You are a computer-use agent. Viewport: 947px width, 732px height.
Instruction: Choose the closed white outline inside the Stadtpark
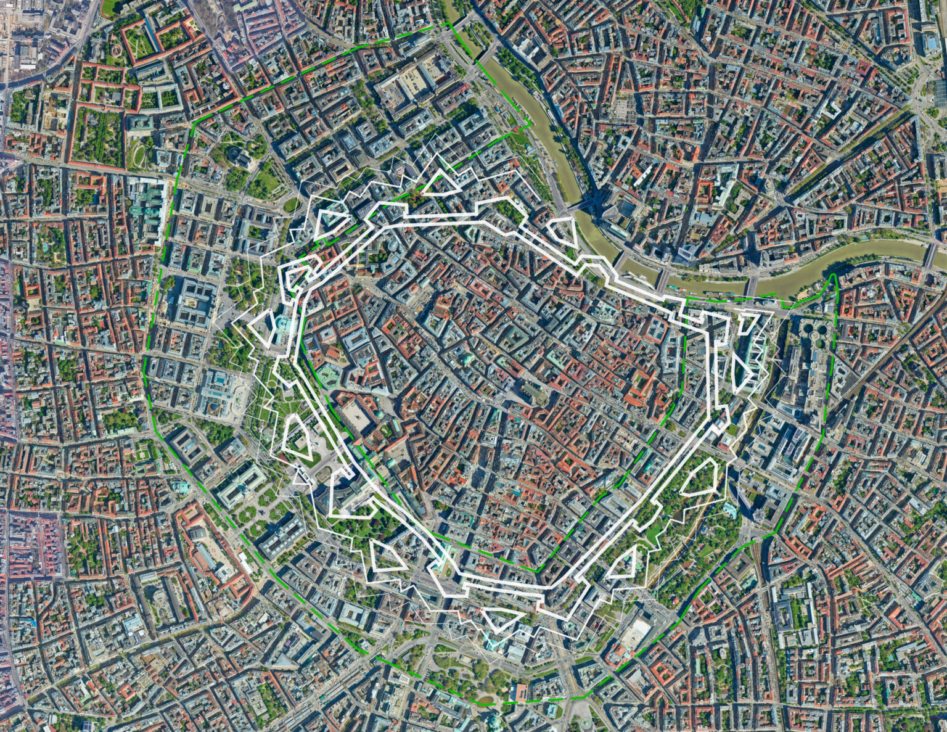click(700, 478)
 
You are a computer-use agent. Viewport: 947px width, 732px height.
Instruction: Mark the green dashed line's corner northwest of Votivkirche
click(193, 123)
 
